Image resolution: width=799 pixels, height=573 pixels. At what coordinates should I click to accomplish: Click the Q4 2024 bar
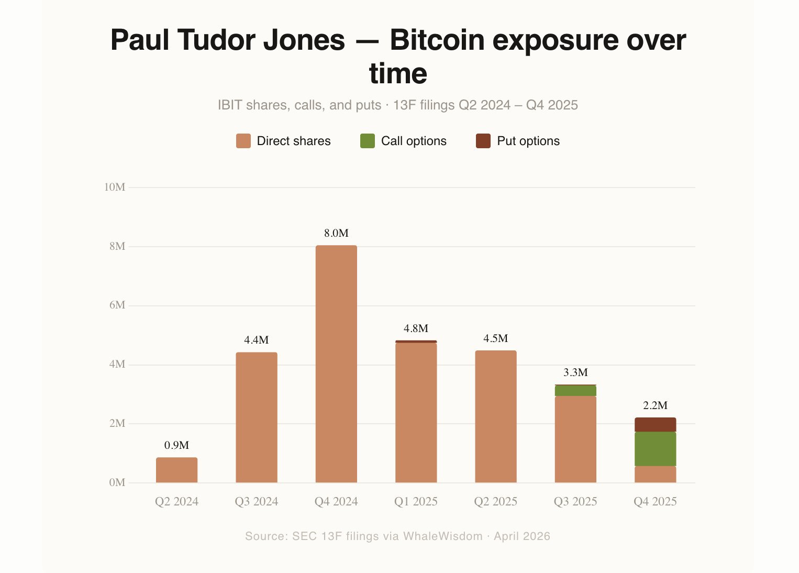click(x=336, y=364)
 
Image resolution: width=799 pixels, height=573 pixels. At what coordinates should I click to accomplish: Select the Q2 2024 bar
click(x=176, y=470)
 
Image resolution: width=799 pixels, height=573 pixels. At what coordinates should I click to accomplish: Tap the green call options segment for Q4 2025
click(x=655, y=449)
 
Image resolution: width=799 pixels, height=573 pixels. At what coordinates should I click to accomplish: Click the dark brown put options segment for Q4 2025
click(x=655, y=425)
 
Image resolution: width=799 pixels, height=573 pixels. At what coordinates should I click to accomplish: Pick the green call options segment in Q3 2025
click(x=575, y=391)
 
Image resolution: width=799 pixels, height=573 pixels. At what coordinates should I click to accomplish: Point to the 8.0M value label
click(x=336, y=234)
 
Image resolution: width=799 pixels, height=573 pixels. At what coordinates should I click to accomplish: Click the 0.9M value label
click(x=176, y=445)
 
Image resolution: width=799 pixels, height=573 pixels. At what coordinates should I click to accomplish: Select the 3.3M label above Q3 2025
click(x=575, y=372)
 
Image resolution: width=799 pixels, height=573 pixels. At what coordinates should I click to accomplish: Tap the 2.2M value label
click(x=655, y=405)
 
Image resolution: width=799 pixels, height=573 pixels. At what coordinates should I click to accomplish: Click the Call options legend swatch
click(x=368, y=141)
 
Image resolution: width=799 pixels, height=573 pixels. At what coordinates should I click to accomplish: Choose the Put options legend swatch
click(x=483, y=141)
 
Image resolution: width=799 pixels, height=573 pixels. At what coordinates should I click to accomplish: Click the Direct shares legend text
click(x=294, y=141)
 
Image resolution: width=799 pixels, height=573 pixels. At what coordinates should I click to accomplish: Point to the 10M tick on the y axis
click(x=115, y=187)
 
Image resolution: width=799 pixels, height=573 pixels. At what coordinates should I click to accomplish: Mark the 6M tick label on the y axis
click(x=117, y=305)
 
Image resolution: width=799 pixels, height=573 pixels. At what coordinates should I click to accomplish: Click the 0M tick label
click(x=117, y=482)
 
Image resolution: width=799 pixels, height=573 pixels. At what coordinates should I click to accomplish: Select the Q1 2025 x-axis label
click(x=416, y=502)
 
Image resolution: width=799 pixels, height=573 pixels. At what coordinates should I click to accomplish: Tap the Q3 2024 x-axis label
click(x=257, y=502)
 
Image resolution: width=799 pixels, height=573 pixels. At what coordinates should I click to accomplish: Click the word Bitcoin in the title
click(x=437, y=40)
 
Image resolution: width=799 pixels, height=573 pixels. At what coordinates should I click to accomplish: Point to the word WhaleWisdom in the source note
click(x=442, y=536)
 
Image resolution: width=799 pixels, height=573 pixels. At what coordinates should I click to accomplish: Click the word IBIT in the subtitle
click(x=230, y=105)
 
